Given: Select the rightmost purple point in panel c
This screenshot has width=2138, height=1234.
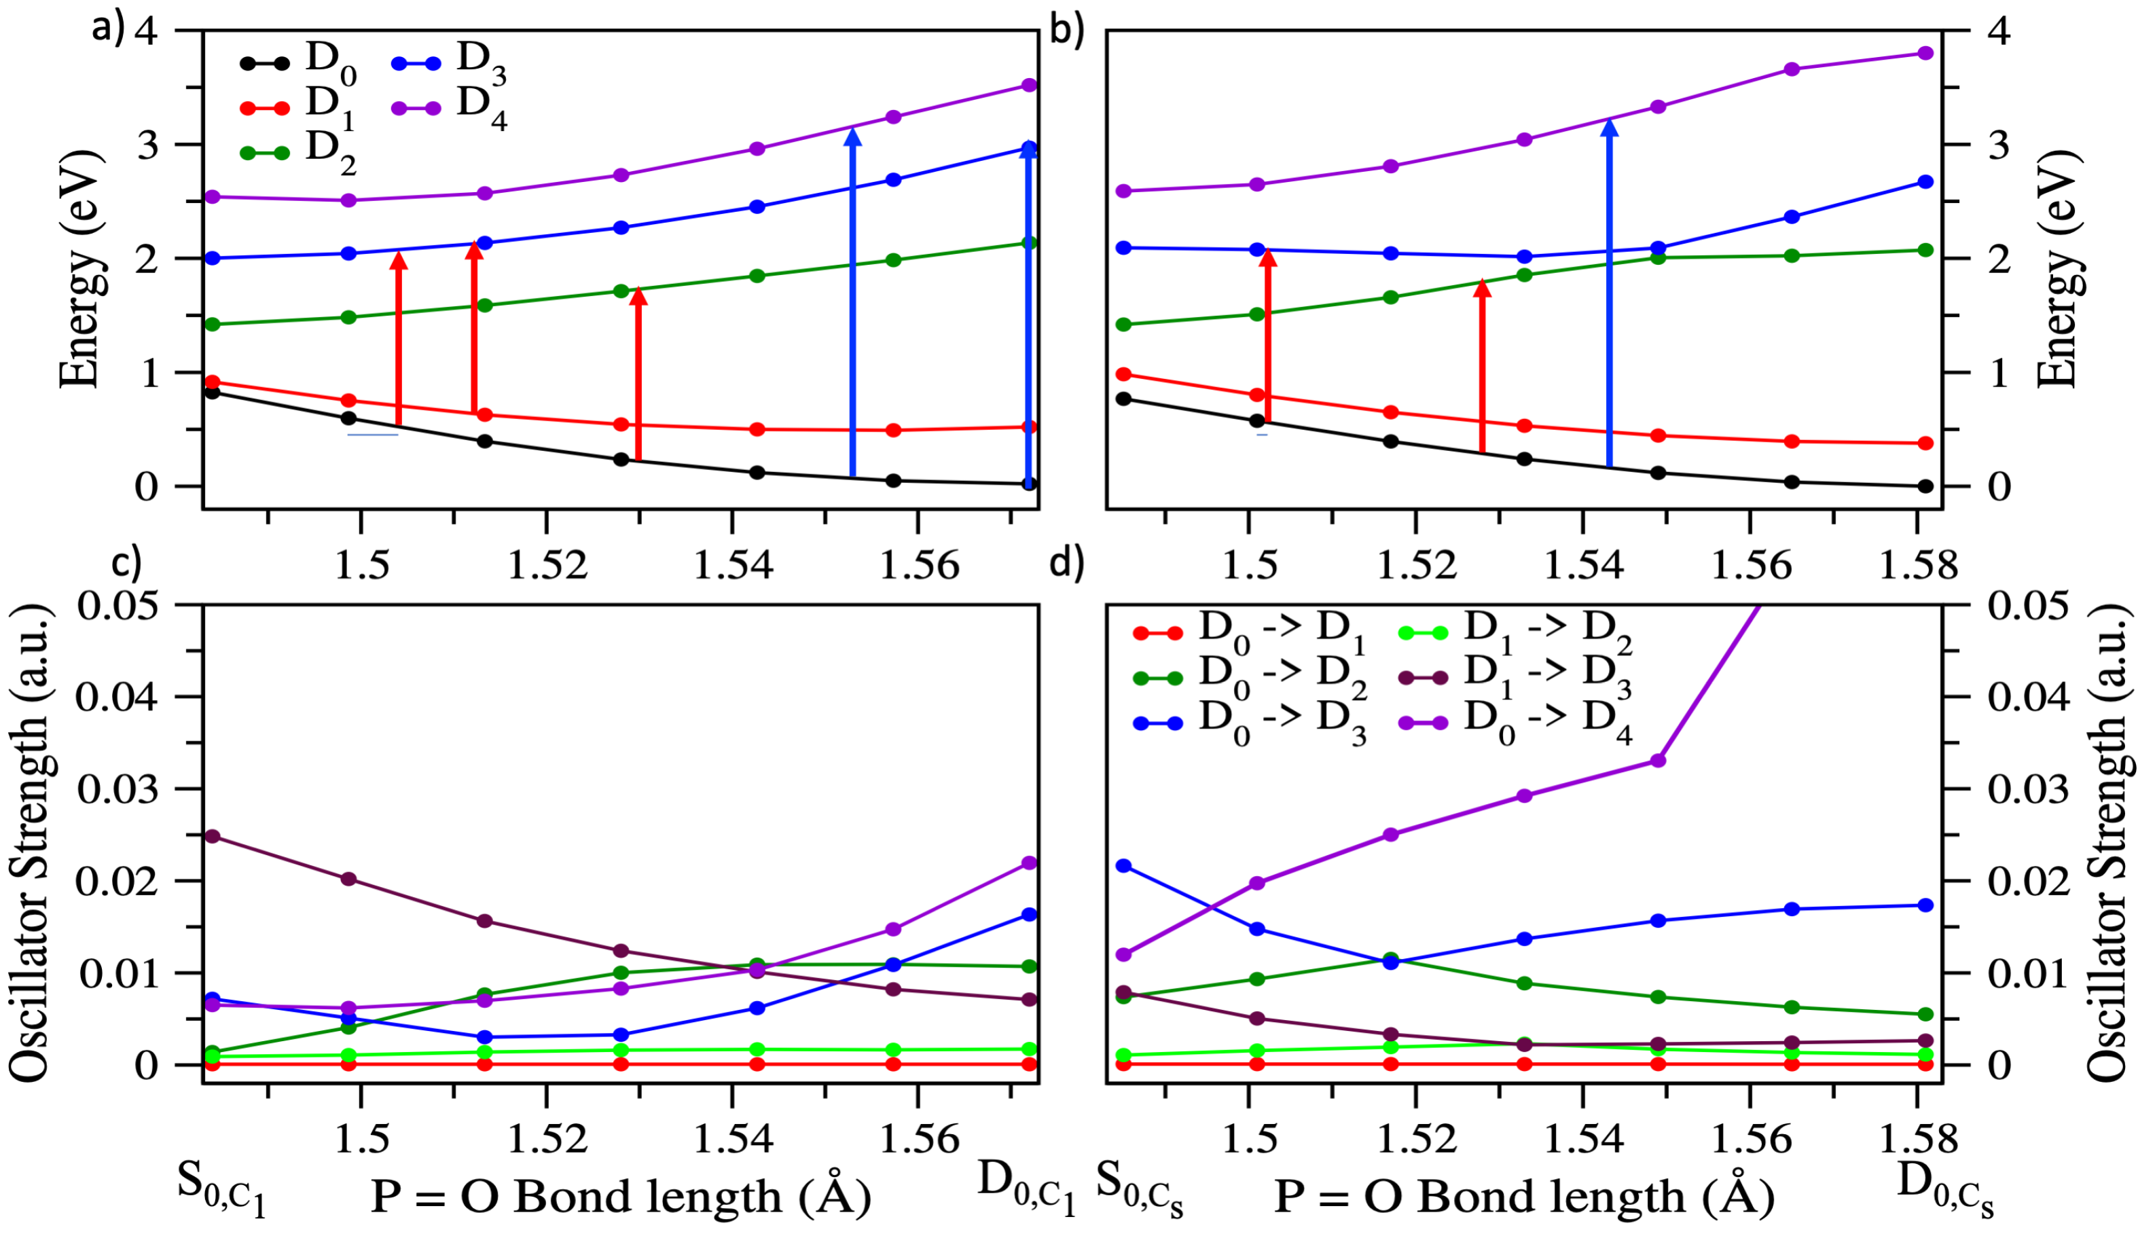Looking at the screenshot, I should (1030, 863).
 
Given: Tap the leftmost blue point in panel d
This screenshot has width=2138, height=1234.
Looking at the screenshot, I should (1123, 865).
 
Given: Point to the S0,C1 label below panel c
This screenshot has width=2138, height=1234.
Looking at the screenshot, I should (221, 1188).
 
